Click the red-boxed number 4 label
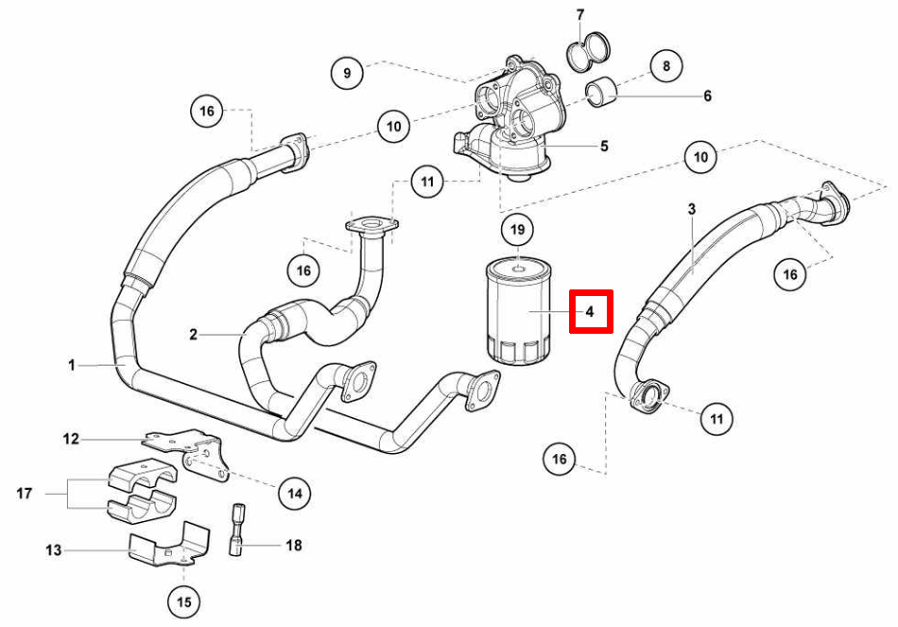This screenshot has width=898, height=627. click(590, 311)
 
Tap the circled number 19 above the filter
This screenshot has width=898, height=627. click(517, 230)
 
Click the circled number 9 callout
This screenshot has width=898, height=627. click(347, 72)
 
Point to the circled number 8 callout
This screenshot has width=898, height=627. click(666, 66)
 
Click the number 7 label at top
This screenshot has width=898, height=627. click(579, 14)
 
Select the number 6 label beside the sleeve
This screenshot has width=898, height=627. click(707, 96)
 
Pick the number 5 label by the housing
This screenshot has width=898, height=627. click(603, 146)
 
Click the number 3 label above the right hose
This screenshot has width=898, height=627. click(691, 207)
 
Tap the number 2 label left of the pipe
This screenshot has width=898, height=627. click(193, 334)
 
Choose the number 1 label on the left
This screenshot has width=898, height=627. click(71, 364)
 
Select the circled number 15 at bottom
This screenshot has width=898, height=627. click(183, 600)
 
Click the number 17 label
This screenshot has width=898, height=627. click(26, 493)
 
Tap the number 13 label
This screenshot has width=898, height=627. click(53, 549)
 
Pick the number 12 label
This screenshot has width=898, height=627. click(71, 439)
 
